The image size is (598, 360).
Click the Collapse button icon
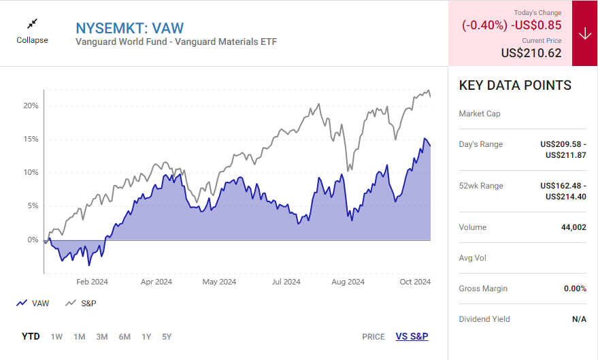[32, 24]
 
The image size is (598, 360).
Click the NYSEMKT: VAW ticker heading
[129, 28]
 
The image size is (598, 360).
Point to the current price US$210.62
[531, 52]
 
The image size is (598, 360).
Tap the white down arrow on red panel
[584, 34]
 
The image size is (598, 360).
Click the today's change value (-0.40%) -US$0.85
[512, 25]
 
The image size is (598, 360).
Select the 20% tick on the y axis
[31, 106]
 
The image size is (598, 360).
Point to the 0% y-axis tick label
[33, 240]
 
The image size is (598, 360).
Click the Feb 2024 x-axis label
[92, 282]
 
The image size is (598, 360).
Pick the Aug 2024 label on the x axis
[348, 282]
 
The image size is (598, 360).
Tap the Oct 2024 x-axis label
[414, 282]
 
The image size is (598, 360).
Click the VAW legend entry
[33, 304]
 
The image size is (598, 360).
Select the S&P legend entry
[81, 304]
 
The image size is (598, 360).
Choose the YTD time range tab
[31, 336]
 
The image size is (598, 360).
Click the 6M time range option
[124, 336]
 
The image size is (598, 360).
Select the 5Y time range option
[167, 336]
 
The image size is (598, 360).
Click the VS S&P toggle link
[412, 336]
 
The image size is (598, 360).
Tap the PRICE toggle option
[373, 336]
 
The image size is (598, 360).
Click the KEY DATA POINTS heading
[515, 85]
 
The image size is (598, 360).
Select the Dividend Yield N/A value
[579, 319]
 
